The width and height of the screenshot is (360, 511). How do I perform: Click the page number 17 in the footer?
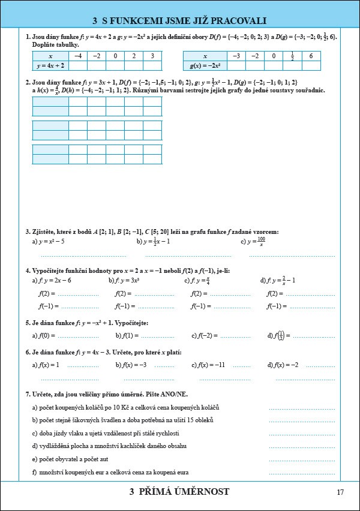pos(340,492)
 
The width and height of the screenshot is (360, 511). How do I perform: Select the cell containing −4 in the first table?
pos(78,56)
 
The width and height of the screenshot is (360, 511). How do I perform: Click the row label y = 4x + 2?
pos(50,65)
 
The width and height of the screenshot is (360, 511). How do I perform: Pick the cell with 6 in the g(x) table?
pos(311,56)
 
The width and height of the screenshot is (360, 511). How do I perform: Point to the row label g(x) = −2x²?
pos(205,65)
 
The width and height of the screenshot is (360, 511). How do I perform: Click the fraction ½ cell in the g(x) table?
pos(292,56)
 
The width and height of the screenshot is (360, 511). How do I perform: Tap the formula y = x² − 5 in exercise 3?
pos(51,242)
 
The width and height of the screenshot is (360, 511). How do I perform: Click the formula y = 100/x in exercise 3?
pos(257,242)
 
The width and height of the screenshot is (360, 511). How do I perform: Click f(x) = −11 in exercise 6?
pos(211,365)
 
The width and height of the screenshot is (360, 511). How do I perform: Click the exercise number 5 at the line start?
pos(27,323)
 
